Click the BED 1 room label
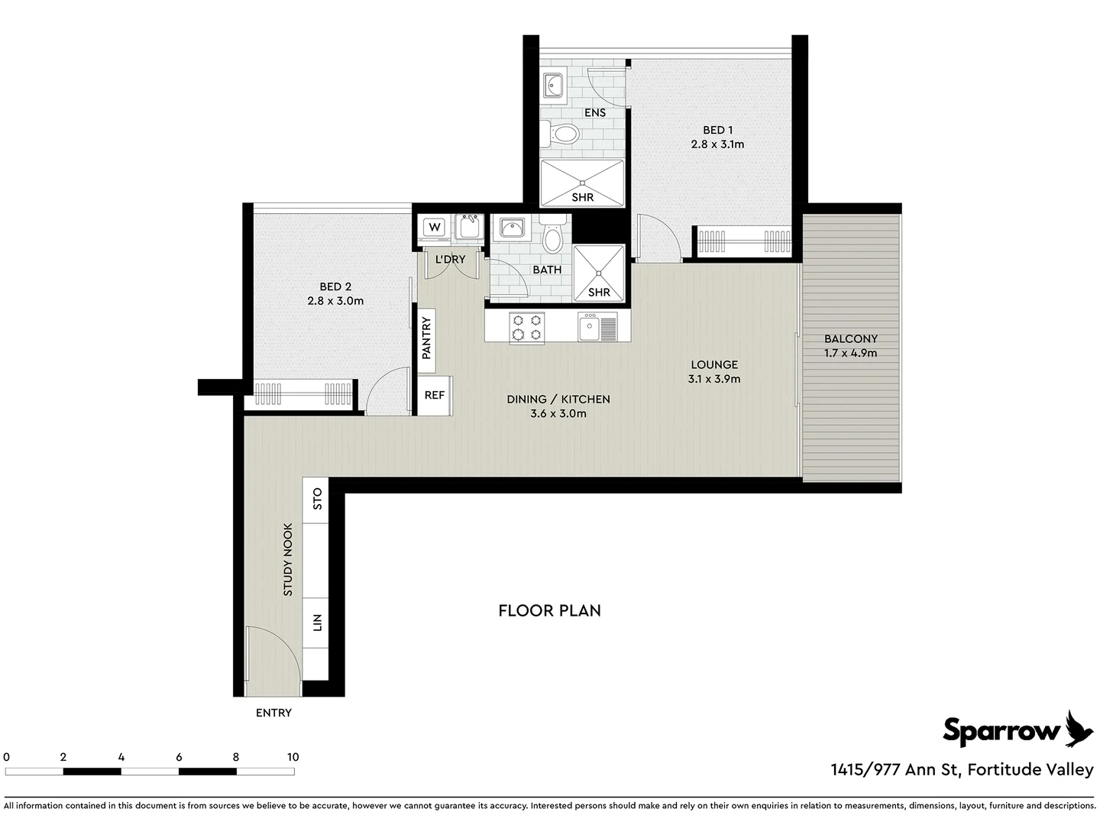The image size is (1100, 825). tap(717, 130)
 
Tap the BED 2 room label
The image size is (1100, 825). tap(335, 286)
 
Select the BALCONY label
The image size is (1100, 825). tap(850, 338)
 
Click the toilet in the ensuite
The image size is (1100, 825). tap(563, 135)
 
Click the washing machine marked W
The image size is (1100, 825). tap(435, 227)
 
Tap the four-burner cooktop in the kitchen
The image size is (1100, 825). tap(527, 328)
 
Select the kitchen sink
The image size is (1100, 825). tap(590, 328)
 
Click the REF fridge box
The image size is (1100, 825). tap(434, 395)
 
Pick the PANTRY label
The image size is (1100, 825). tap(426, 338)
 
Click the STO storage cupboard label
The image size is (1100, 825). tap(317, 499)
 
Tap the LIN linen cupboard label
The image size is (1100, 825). tap(317, 623)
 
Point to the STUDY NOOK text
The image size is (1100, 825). tap(288, 559)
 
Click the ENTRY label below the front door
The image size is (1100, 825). tap(273, 713)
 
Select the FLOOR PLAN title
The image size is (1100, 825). tap(549, 610)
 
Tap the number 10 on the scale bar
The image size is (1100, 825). tap(293, 757)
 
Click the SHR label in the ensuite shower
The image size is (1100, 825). tap(583, 197)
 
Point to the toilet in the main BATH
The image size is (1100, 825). tap(552, 236)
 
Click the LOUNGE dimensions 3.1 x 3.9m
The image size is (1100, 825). tap(713, 379)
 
